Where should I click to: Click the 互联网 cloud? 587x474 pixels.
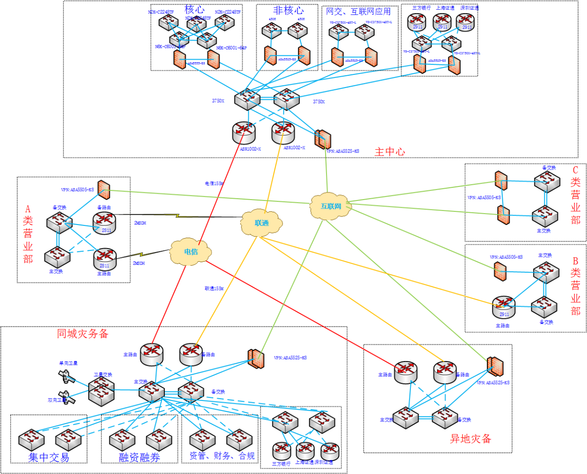point(331,206)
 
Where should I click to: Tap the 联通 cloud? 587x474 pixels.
point(262,223)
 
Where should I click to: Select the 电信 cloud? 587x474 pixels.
point(191,252)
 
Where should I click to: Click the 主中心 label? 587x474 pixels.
point(390,152)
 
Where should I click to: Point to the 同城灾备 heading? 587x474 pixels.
point(82,334)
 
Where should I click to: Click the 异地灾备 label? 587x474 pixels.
point(470,439)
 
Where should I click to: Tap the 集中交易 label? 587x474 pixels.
point(49,457)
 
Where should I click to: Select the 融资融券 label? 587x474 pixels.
point(140,457)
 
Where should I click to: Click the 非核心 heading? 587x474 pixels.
point(288,10)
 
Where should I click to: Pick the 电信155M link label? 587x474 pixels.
point(214,184)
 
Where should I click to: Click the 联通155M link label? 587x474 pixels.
point(214,288)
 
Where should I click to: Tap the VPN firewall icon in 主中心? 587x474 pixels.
point(323,139)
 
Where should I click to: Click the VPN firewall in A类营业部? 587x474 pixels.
point(104,190)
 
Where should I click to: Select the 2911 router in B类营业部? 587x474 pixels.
point(503,307)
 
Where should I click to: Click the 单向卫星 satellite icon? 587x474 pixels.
point(66,376)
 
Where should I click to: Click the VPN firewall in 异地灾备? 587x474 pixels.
point(495,366)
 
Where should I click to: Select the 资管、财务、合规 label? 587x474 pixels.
point(221,456)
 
